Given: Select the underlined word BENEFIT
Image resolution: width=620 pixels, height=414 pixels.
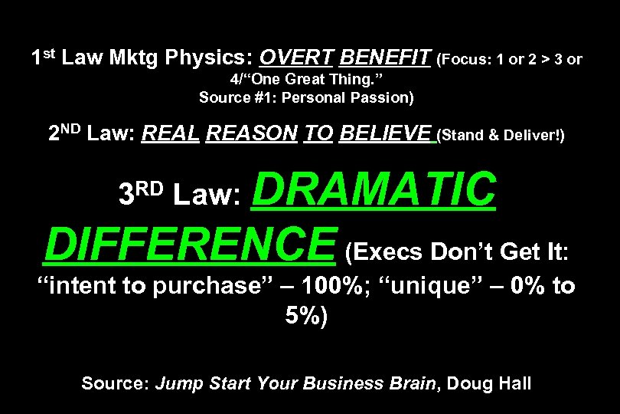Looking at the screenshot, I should pyautogui.click(x=384, y=58).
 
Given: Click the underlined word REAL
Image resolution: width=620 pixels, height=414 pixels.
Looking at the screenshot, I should pyautogui.click(x=171, y=134).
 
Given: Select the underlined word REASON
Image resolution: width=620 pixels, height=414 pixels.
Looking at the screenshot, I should pyautogui.click(x=252, y=134).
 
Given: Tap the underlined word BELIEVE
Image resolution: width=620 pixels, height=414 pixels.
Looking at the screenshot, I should pyautogui.click(x=385, y=134).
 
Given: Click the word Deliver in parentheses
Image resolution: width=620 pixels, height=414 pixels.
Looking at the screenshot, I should pyautogui.click(x=531, y=136).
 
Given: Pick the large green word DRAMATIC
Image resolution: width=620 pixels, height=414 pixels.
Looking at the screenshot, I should pyautogui.click(x=374, y=189).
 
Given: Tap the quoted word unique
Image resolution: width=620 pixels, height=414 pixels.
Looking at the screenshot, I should pyautogui.click(x=452, y=286).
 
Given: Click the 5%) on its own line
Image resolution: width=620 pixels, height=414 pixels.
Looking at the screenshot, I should pyautogui.click(x=306, y=316).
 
